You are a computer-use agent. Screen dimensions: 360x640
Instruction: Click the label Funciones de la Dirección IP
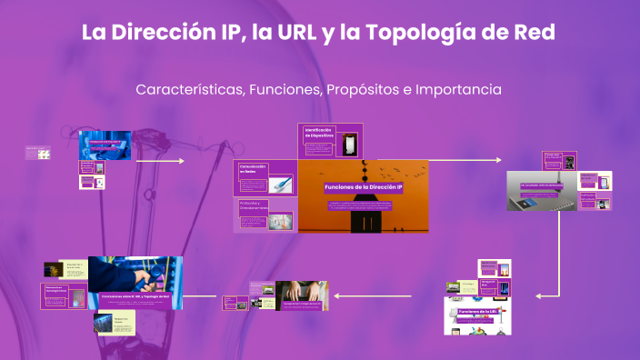364,186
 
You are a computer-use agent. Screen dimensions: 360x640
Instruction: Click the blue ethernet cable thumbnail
283,184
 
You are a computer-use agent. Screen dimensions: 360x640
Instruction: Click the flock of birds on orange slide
389,170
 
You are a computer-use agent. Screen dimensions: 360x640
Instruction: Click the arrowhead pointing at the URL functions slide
539,295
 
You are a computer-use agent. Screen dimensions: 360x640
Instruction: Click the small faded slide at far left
38,153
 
